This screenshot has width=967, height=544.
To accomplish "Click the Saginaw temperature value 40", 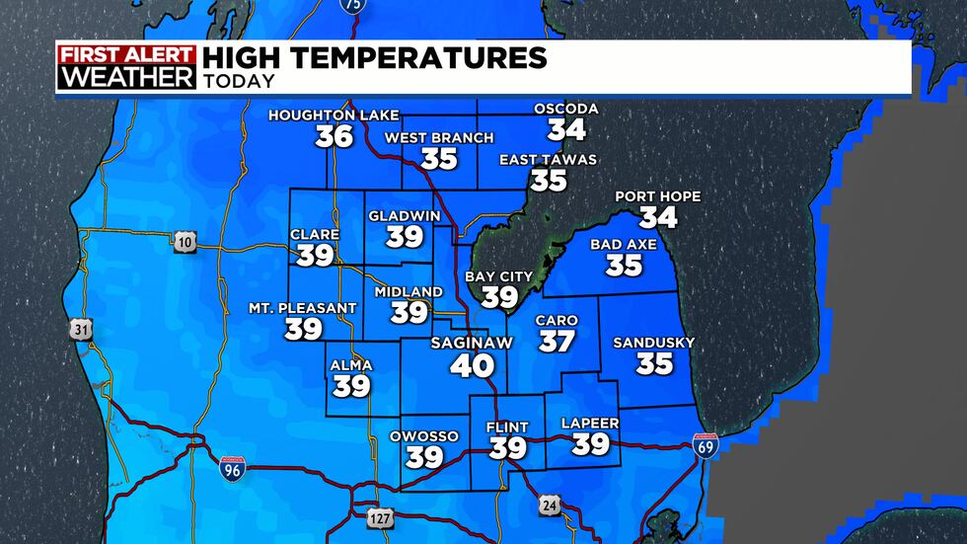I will (472, 366).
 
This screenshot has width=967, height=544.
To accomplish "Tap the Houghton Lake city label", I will (335, 116).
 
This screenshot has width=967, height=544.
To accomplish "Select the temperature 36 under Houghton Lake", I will (335, 136).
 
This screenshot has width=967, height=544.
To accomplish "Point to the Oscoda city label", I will (566, 109).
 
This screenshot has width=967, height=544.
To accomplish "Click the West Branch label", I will (439, 138).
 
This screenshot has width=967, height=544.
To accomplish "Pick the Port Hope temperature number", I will (658, 217).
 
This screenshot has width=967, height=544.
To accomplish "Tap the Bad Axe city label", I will (624, 244).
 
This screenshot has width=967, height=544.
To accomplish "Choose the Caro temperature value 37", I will (557, 342).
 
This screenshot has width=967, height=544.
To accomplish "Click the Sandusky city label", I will (654, 343).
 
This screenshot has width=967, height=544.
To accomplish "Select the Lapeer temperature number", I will (591, 445).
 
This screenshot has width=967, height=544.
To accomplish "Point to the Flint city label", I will (508, 427).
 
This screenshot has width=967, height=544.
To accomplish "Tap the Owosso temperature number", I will (424, 457).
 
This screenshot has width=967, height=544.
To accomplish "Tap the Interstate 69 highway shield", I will (706, 446).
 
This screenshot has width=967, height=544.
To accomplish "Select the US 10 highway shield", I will (183, 243).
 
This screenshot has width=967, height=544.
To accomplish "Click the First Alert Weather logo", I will (126, 67).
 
